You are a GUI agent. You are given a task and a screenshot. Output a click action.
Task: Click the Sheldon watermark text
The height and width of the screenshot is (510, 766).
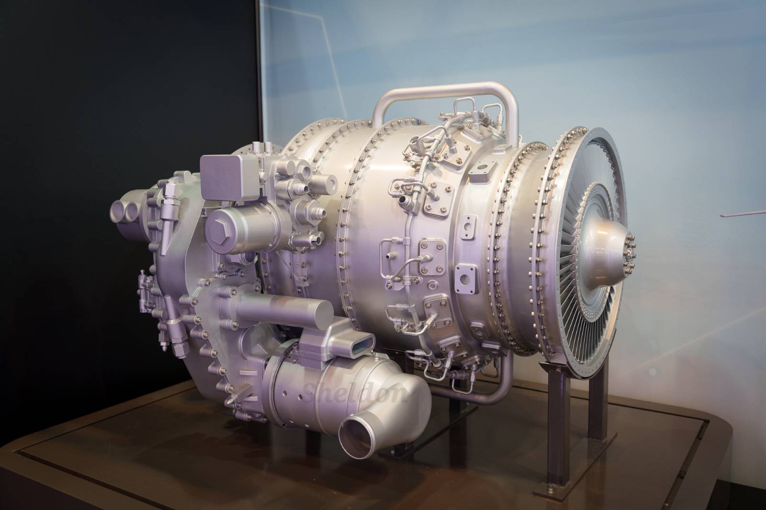click(x=354, y=392)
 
